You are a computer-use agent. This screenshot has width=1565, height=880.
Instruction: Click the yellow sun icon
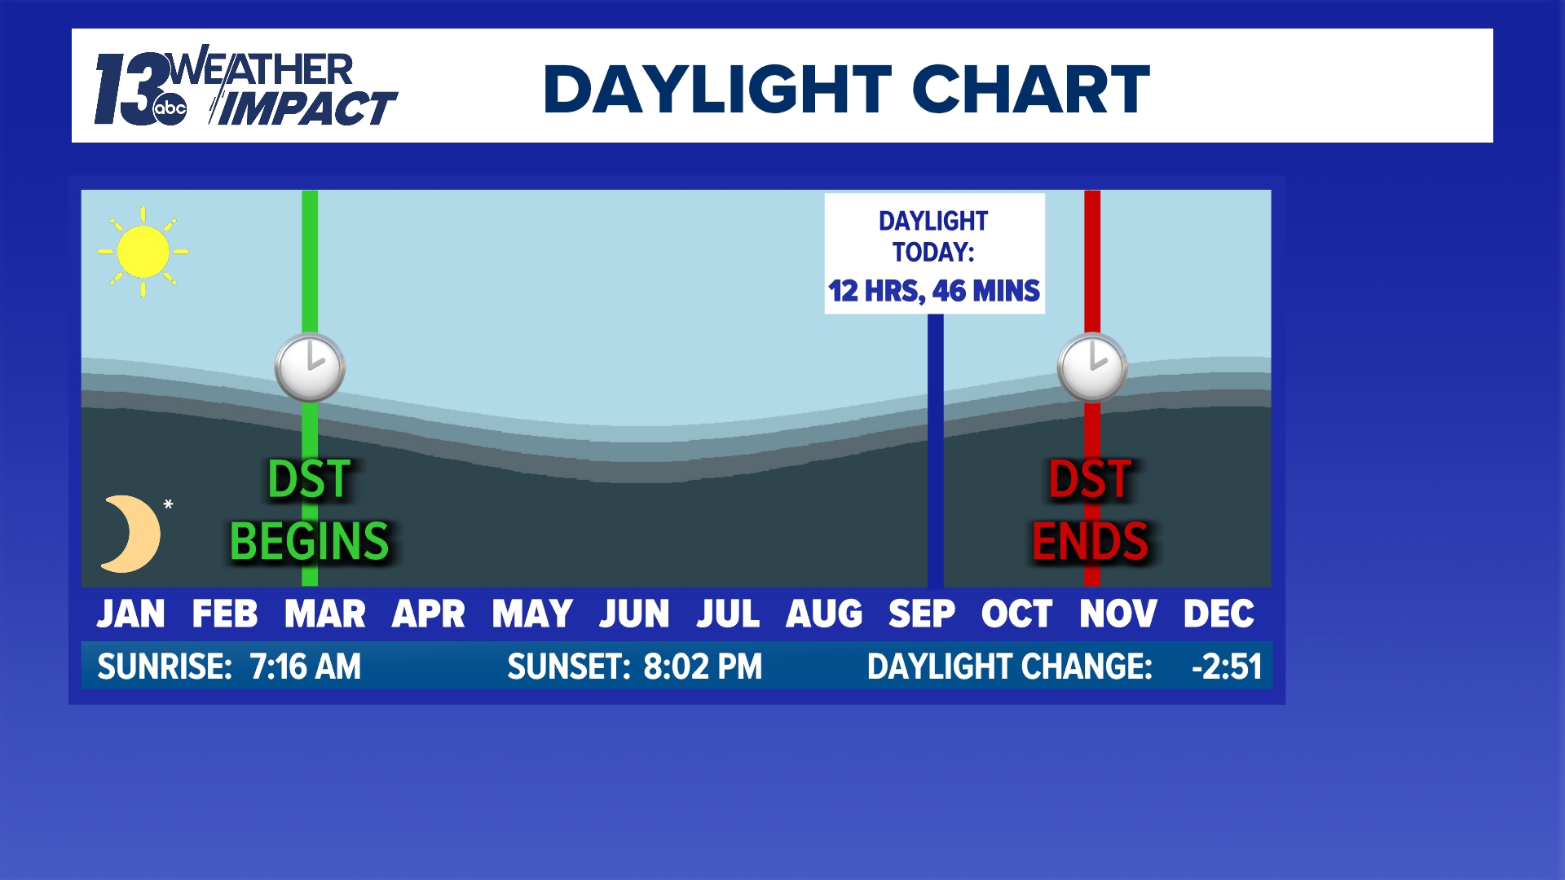(x=143, y=251)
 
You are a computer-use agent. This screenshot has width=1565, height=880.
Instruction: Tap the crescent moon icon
(x=130, y=534)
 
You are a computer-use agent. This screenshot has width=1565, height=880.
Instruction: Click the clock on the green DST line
(x=310, y=367)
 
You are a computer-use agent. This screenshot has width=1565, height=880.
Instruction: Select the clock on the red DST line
(x=1092, y=367)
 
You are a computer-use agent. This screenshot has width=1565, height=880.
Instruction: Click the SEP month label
(x=921, y=614)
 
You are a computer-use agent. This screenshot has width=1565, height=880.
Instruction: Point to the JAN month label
(x=130, y=614)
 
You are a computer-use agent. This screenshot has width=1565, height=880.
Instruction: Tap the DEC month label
(x=1219, y=614)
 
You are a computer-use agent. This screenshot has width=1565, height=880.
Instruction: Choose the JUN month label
(x=634, y=614)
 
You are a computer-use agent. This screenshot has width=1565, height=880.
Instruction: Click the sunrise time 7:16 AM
(x=305, y=667)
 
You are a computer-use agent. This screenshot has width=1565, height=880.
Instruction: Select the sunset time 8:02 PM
(x=703, y=667)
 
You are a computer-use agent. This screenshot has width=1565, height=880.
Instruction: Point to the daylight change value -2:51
(x=1227, y=667)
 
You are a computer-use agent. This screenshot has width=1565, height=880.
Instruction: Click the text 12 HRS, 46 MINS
(x=934, y=291)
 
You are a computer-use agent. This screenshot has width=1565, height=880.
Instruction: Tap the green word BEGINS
(x=310, y=542)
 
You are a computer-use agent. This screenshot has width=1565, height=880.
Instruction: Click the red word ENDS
(x=1091, y=542)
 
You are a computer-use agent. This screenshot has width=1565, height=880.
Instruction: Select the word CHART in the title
(x=1031, y=89)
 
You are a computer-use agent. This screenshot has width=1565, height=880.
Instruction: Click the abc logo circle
(x=170, y=108)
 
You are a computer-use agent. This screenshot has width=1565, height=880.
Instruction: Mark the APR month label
(x=428, y=614)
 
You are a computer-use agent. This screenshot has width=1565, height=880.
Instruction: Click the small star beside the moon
(x=168, y=504)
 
